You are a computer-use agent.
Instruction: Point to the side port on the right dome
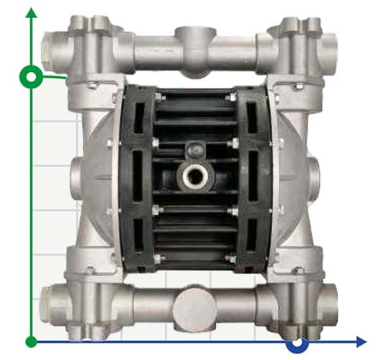(x=318, y=173)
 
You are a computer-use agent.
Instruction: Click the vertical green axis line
(x=31, y=216)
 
